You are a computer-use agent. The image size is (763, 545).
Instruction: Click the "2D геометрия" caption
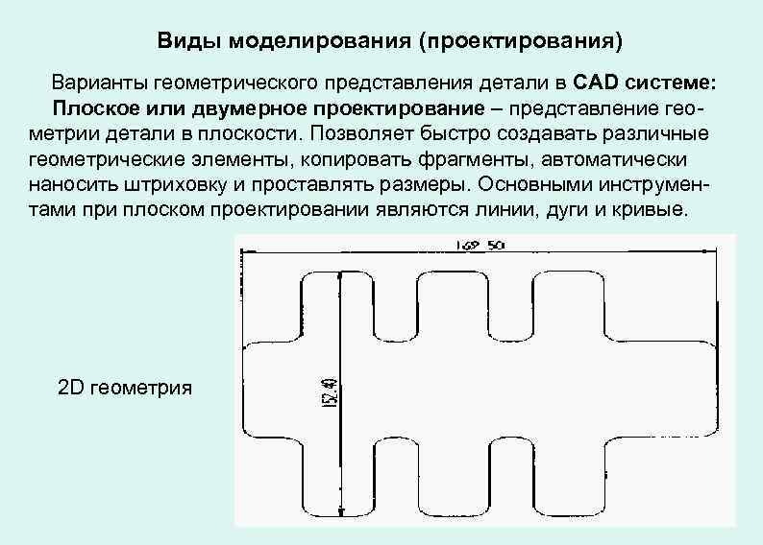click(125, 388)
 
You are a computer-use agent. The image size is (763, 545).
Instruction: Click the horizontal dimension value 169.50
click(478, 246)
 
